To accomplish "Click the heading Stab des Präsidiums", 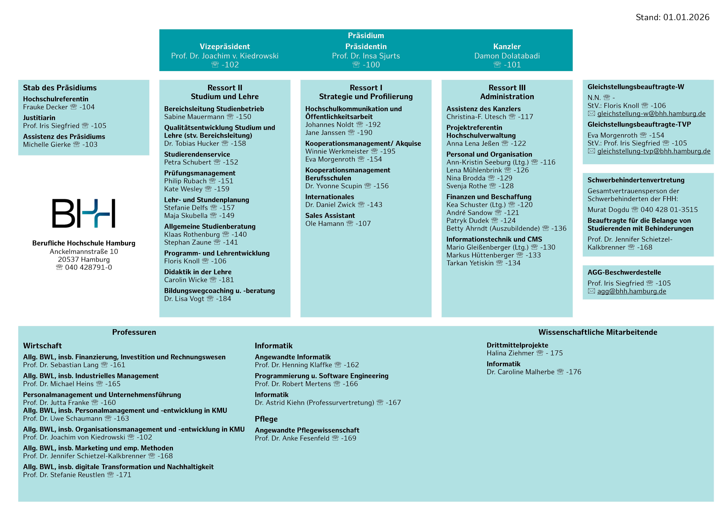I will pos(60,88).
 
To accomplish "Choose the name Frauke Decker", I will pos(45,107).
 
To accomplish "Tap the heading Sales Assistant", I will pos(330,216).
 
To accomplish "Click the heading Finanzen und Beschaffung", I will pos(489,197).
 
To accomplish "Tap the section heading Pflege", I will pos(266,419).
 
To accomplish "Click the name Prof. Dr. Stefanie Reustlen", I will pos(64,475).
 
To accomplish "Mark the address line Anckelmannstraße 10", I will pos(84,251).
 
